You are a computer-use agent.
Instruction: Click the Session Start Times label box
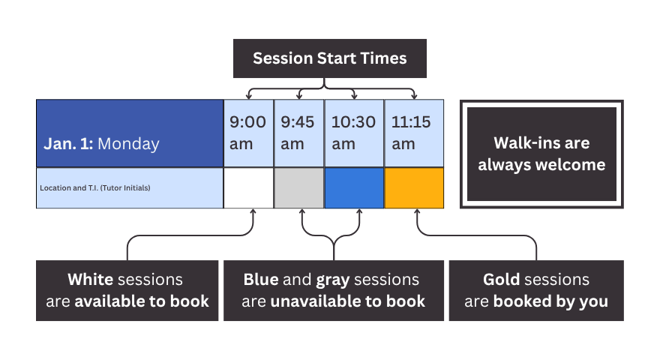pos(330,58)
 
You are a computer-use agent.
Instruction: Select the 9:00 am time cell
pos(248,133)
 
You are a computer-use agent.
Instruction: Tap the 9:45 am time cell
pos(298,133)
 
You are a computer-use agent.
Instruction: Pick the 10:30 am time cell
pos(354,133)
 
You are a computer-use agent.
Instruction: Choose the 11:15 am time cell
pos(413,133)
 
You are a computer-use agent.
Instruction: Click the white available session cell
pos(248,187)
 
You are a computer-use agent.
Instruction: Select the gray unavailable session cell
pos(298,187)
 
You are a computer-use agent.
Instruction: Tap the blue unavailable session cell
pos(354,187)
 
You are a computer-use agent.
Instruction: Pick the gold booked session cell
pos(413,187)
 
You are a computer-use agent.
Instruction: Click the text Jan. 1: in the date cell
pos(68,143)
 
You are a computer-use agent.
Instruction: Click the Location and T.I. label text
pos(95,187)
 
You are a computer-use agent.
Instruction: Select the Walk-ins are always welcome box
pos(541,154)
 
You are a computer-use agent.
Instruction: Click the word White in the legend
pos(90,280)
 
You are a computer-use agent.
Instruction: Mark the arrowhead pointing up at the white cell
pos(253,213)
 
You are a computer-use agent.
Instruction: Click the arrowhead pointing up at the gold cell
pos(417,213)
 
